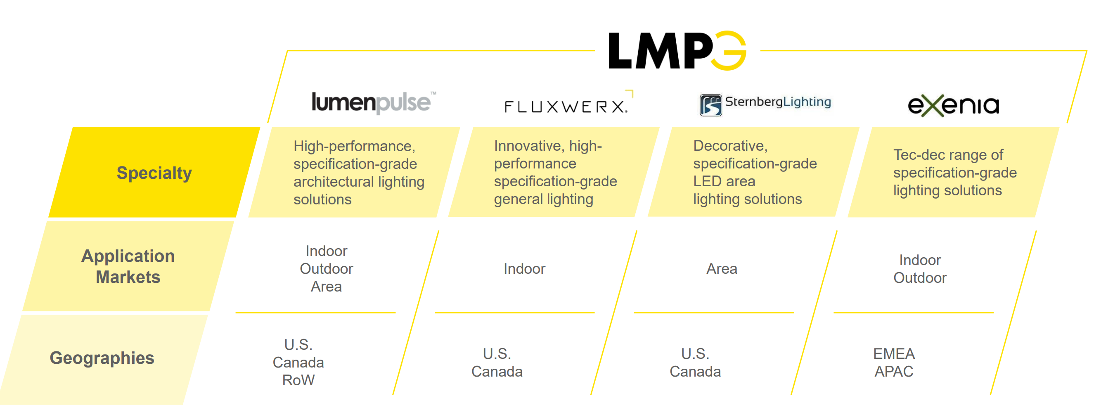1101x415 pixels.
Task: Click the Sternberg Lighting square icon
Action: click(x=710, y=105)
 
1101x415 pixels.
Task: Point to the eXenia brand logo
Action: click(x=954, y=105)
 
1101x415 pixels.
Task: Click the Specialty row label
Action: click(x=154, y=173)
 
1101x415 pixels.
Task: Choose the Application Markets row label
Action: click(x=128, y=266)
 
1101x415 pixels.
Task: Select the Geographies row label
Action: click(x=102, y=358)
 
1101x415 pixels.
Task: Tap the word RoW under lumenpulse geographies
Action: click(x=298, y=380)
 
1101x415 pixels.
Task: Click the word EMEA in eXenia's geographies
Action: click(x=894, y=353)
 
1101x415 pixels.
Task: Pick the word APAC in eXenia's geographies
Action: click(x=894, y=371)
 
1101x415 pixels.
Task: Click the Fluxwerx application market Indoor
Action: click(x=524, y=269)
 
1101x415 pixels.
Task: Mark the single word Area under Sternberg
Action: click(x=722, y=269)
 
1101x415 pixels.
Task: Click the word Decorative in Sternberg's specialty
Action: click(x=730, y=146)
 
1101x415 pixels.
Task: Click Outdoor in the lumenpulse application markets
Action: click(x=326, y=269)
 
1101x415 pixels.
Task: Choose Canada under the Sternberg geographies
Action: click(x=695, y=371)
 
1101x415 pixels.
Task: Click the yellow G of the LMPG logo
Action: click(x=729, y=50)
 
